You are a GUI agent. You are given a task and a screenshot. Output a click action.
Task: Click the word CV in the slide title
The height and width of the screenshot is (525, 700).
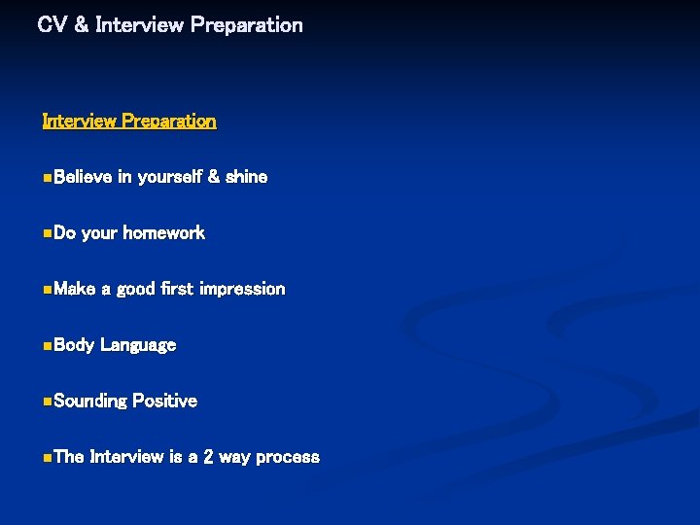pos(50,25)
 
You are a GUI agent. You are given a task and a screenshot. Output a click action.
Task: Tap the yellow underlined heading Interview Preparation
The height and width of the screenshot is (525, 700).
pos(129,122)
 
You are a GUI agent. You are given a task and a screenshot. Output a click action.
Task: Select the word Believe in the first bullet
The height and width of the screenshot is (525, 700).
pos(83,177)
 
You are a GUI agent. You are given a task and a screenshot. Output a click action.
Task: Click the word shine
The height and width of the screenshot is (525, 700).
pos(247,177)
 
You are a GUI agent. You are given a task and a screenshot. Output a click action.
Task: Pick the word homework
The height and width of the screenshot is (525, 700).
pos(163,233)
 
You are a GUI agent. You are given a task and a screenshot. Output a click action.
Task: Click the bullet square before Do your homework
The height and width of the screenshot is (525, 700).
pos(48,233)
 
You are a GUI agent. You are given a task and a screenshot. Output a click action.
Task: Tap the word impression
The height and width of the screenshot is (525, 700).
pos(242,289)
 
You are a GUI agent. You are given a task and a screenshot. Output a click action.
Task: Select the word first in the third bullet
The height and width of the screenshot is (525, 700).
pos(176,289)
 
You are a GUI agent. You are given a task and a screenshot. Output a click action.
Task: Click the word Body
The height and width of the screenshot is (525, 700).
pos(74,345)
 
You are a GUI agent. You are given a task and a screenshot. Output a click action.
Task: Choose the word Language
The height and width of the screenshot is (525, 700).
pos(138,345)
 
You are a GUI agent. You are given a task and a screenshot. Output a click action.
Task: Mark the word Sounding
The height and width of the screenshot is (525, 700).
pos(90,401)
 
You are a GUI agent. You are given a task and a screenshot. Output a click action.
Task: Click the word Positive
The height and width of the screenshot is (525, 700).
pos(164,401)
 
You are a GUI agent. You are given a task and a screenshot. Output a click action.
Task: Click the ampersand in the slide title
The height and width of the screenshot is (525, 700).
pos(81,25)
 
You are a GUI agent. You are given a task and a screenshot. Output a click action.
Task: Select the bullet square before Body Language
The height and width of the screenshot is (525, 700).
pos(48,345)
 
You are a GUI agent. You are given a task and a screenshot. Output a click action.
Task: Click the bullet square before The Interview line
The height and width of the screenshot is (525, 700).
pos(48,457)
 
